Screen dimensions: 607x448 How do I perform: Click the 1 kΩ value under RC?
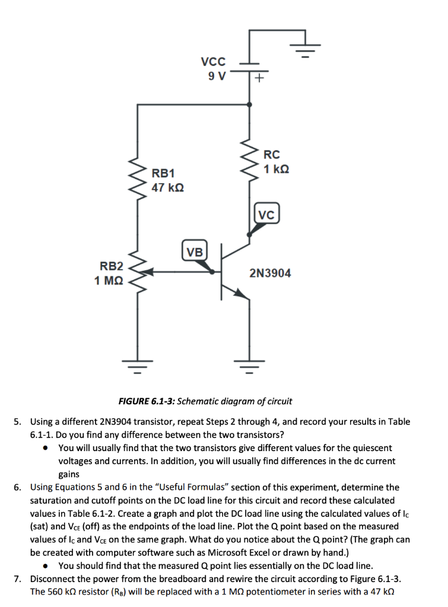point(277,169)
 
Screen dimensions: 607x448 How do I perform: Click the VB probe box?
point(193,251)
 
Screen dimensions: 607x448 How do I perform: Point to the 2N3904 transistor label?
point(271,273)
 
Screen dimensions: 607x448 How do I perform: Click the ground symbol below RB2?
point(138,366)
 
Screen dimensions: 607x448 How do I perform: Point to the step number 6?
point(18,487)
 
